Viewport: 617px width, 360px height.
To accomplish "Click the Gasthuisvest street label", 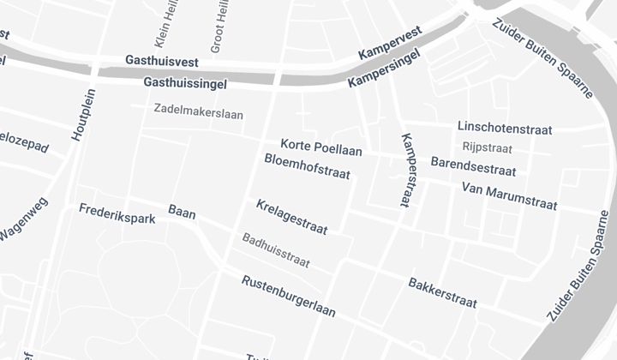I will pos(162,61).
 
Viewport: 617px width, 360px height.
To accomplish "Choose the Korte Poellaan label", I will pos(321,147).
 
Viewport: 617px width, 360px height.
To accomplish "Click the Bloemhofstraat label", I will pos(308,166).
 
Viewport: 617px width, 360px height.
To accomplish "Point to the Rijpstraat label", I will pos(487,147).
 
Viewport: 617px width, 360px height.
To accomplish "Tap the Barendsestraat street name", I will pos(473,165).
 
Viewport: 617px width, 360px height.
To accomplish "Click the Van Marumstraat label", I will pos(509,195).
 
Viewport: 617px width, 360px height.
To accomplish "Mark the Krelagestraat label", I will pos(291,218).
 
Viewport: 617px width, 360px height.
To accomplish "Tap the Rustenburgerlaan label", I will pos(288,296).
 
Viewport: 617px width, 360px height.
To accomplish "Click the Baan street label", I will pos(182,212).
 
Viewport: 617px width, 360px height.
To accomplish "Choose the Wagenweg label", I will pos(24,220).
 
